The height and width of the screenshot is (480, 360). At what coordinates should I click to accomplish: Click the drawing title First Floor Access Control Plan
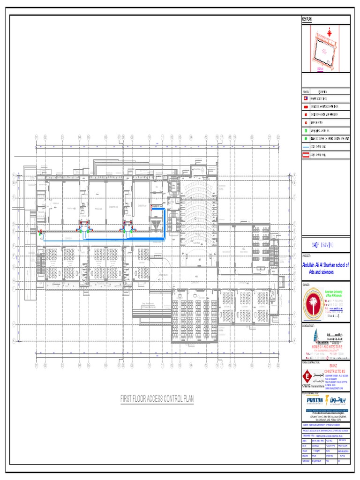[x=157, y=399]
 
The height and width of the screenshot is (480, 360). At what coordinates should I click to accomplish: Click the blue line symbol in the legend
[x=306, y=146]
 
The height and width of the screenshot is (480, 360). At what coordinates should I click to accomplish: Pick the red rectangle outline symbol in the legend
[x=306, y=154]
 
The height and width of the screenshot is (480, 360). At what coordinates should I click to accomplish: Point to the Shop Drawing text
[x=324, y=245]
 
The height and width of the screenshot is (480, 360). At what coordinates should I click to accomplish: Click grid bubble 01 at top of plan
[x=36, y=137]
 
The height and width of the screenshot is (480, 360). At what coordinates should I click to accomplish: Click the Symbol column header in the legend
[x=306, y=92]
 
